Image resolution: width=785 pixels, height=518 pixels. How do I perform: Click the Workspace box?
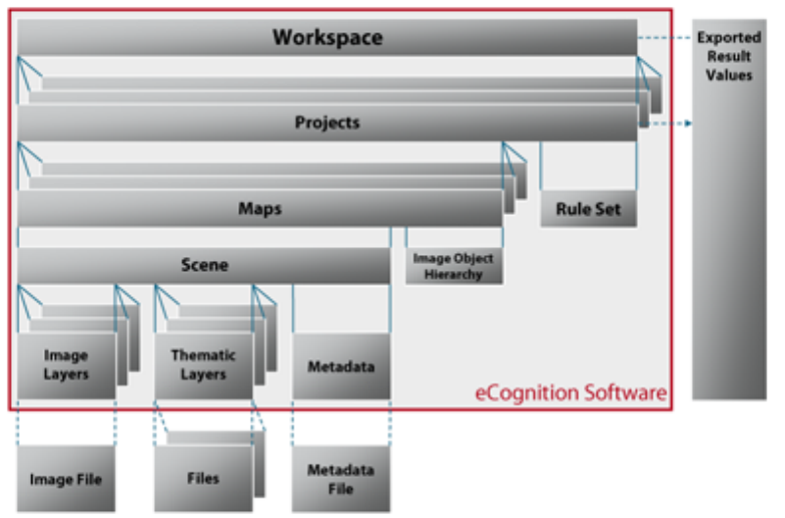coord(327,38)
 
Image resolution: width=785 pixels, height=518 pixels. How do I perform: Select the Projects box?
coord(327,124)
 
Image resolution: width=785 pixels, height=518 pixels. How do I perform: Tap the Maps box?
coord(260,209)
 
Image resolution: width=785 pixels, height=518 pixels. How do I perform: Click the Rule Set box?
coord(588,209)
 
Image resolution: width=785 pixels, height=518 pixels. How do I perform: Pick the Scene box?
coord(204,265)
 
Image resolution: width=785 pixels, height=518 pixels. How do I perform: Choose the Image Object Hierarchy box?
coord(454,266)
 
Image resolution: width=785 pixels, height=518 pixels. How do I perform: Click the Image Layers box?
coord(66,365)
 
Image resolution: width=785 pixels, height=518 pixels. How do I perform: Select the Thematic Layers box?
coord(204,365)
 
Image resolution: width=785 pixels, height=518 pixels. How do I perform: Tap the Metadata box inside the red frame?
coord(341,366)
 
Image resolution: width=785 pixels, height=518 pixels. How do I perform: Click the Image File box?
coord(66,479)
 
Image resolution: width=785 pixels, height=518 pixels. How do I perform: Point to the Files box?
coord(203,479)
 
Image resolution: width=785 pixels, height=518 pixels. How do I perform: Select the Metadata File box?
coord(341,479)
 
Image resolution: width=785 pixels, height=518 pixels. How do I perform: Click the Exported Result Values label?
coord(729,56)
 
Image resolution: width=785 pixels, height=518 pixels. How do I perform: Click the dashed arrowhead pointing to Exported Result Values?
coord(689,124)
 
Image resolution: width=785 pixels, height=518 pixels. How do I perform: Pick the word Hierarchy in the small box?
coord(454,275)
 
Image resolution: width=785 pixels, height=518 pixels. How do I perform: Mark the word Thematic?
coord(204,356)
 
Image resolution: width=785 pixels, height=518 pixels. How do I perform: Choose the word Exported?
coord(729,38)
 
